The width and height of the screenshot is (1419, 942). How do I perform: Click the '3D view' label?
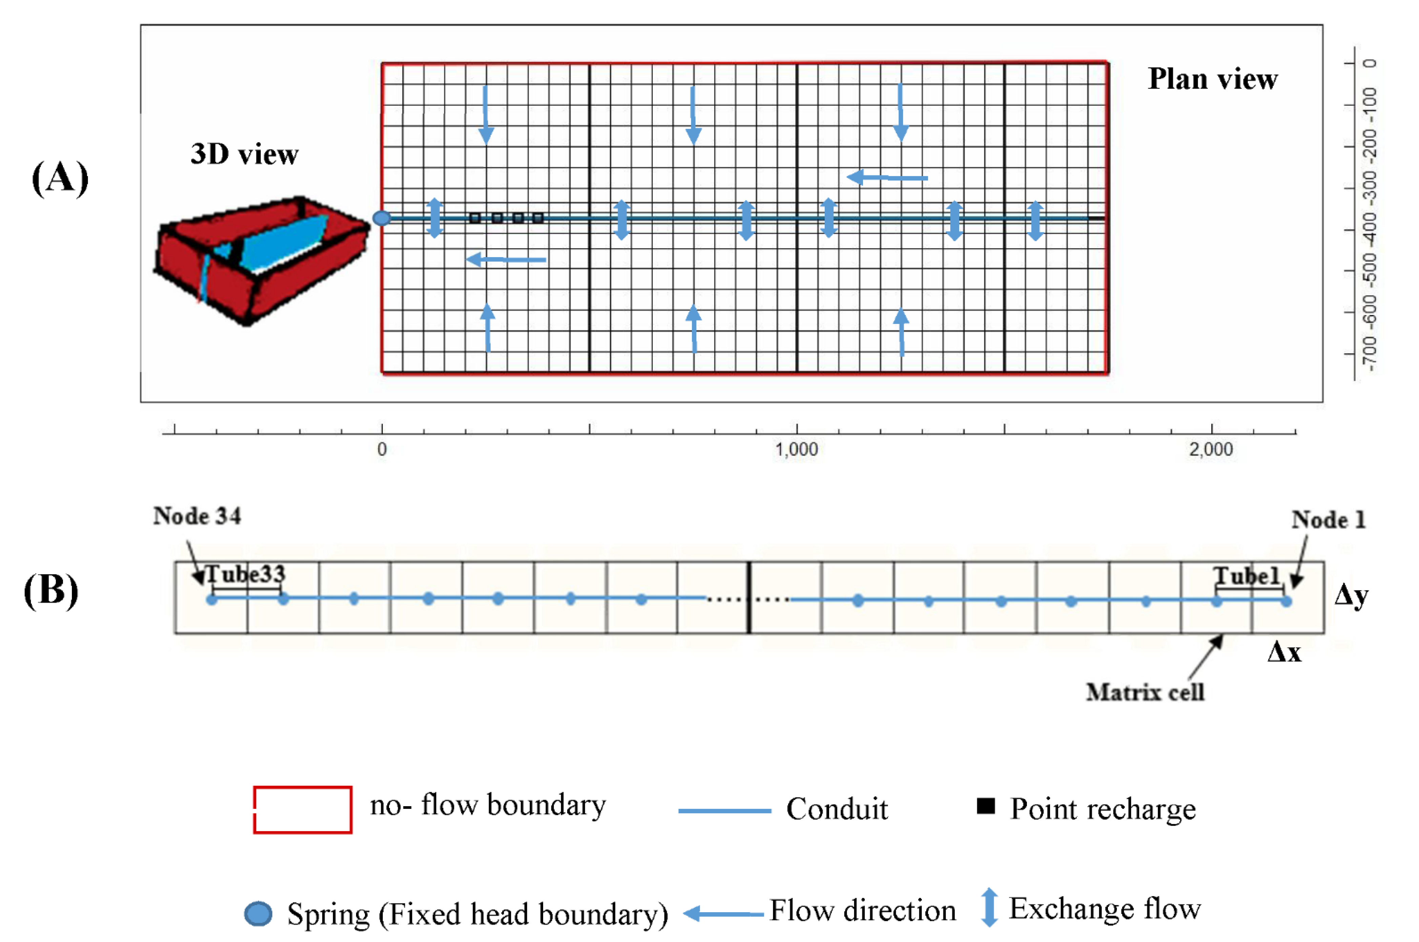point(244,154)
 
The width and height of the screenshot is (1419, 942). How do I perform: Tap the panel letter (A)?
point(60,179)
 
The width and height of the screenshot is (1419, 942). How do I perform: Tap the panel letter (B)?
point(51,590)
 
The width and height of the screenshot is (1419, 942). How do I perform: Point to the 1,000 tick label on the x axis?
point(796,449)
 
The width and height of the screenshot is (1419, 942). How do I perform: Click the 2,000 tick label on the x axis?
point(1211,449)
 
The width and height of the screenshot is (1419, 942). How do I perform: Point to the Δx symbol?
point(1284,652)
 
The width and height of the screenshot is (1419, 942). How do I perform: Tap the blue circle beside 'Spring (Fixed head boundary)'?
point(258,914)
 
